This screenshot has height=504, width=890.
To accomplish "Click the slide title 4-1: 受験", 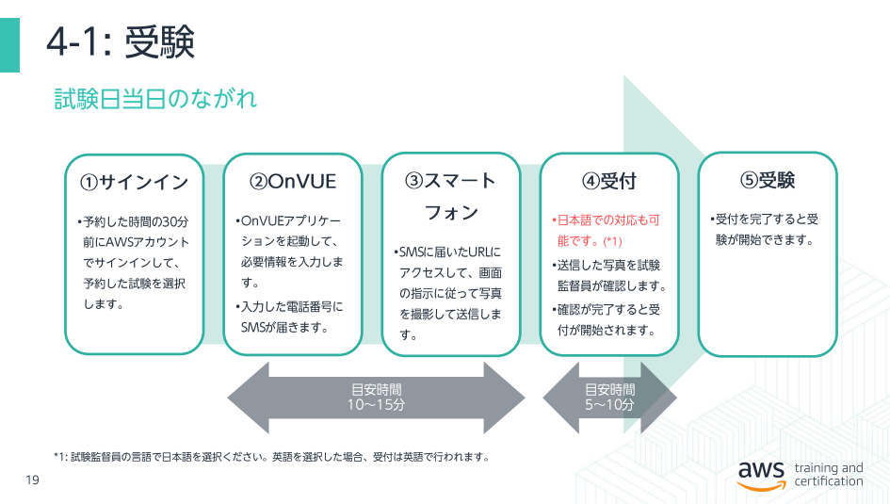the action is pos(121,42).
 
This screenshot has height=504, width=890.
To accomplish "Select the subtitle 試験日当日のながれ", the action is pos(155,99).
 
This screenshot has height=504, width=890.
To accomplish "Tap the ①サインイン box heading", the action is pos(134,182).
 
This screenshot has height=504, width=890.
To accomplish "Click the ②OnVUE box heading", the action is pos(293,182).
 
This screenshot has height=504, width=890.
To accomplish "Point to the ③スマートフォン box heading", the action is pos(451,196).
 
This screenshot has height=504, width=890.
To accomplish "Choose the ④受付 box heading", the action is pos(609,182).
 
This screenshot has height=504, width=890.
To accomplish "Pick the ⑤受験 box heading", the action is pos(768,181).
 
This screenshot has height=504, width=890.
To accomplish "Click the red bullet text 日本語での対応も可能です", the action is pos(606,231).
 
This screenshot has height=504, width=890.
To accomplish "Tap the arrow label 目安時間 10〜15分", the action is pos(377,398).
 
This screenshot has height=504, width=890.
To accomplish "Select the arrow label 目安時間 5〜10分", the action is pos(609,398).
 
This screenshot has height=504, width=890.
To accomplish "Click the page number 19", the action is pos(32,480).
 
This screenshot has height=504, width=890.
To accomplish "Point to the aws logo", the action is pos(761,475).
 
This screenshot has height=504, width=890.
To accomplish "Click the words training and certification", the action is pos(829,475).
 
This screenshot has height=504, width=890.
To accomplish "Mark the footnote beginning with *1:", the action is pos(272,457).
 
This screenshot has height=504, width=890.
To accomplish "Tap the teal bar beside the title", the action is pos(9,45).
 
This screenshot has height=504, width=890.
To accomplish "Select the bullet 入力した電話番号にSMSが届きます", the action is pos(289,317).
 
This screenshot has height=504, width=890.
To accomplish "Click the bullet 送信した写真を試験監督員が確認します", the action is pos(609,275).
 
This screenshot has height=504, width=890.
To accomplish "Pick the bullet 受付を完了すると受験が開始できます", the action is pos(764,229).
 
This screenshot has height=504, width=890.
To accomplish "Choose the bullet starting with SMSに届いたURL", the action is pos(448,293).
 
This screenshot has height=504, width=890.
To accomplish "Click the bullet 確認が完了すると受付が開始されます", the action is pos(606,319).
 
